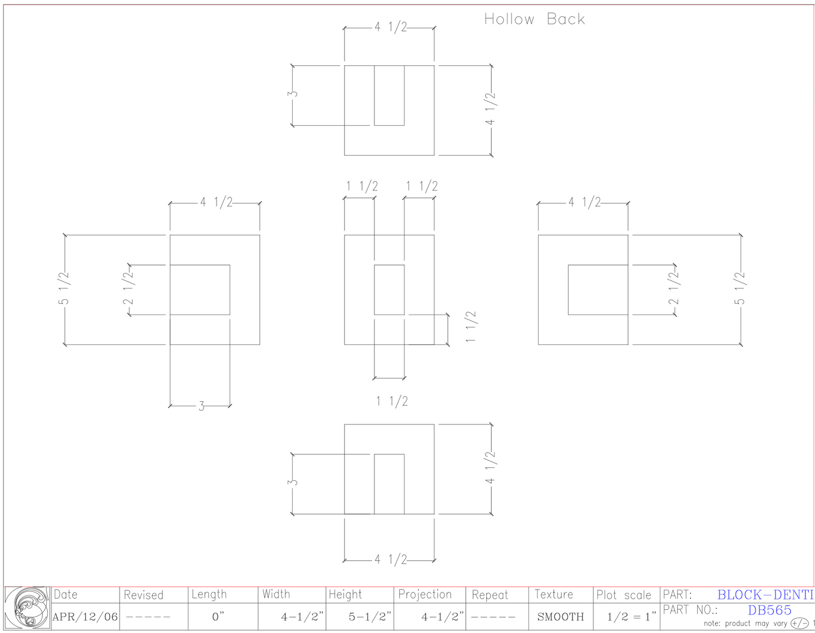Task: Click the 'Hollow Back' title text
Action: [x=535, y=19]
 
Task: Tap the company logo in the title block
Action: [x=27, y=608]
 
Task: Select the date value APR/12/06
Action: [x=85, y=617]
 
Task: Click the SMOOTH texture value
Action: [x=561, y=617]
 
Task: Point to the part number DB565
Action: [x=769, y=610]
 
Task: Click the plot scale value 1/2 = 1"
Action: [x=632, y=617]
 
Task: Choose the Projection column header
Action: [x=425, y=595]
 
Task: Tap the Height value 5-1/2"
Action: [x=370, y=617]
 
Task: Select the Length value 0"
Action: [x=218, y=617]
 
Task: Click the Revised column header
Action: [x=144, y=595]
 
